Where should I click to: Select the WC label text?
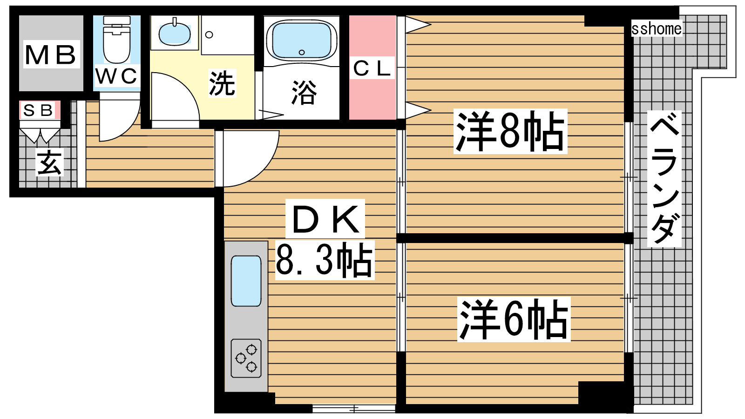(116, 76)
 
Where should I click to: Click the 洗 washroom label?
(222, 83)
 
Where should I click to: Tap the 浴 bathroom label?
(304, 93)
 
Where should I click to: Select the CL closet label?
(372, 68)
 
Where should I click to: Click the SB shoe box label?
(39, 110)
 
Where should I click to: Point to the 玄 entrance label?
(49, 162)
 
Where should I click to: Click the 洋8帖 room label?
(510, 131)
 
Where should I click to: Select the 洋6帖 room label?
(514, 319)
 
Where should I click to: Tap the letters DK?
(325, 218)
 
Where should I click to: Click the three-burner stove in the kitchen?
(246, 358)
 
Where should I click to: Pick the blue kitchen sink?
(246, 281)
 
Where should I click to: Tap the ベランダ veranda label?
(664, 179)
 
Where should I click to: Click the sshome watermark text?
(657, 29)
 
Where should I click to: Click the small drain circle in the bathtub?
(302, 52)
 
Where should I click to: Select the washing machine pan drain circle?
(209, 34)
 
